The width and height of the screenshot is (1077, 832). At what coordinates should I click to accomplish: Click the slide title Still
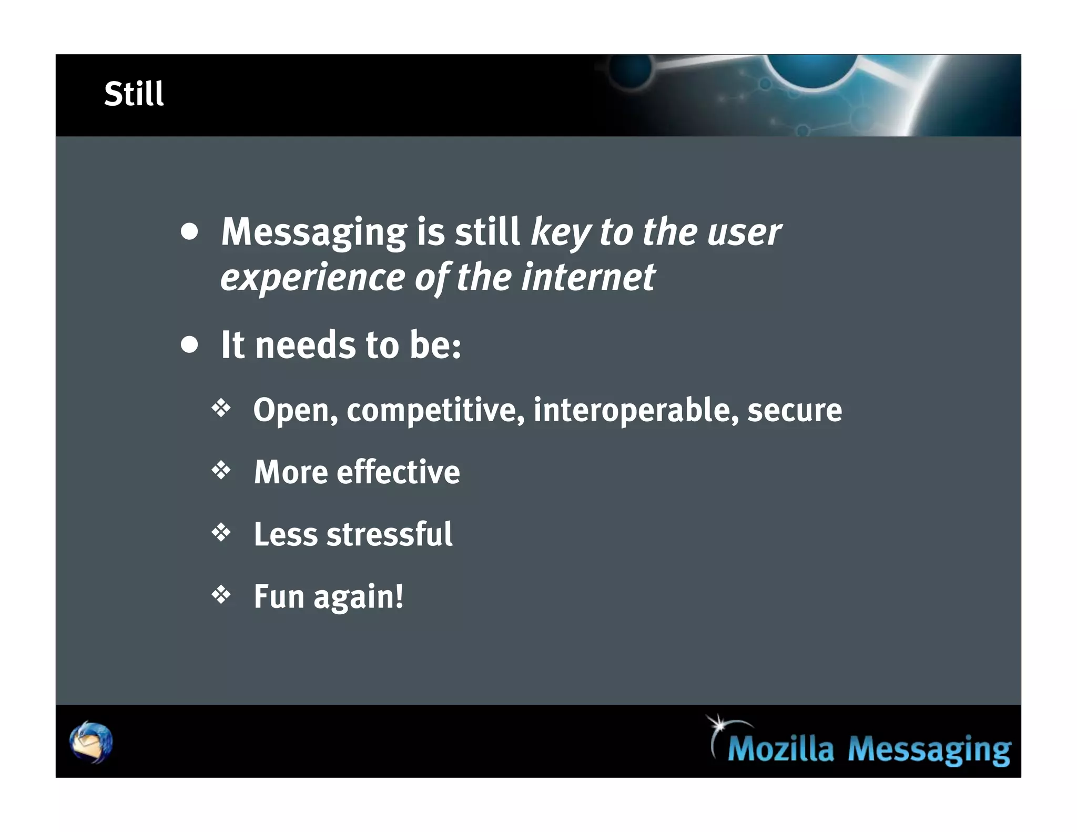tap(134, 94)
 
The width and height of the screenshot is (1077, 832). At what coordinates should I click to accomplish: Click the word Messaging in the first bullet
tap(313, 232)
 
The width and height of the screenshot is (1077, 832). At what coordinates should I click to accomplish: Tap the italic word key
tap(561, 232)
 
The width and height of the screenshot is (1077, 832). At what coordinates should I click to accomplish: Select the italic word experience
tap(312, 278)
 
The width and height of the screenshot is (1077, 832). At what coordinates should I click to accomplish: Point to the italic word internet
tap(588, 277)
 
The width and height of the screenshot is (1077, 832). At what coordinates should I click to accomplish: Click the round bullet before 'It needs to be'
tap(189, 345)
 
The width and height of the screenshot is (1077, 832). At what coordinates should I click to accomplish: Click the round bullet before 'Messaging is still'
tap(189, 232)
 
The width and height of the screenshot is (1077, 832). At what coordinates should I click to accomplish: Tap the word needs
tap(305, 346)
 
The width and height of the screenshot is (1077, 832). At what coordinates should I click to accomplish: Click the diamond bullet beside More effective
tap(221, 470)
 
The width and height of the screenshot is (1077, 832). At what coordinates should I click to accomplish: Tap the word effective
tap(398, 472)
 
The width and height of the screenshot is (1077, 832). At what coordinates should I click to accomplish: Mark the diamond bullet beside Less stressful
tap(221, 532)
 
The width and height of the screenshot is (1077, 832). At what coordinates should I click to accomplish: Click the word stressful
tap(389, 534)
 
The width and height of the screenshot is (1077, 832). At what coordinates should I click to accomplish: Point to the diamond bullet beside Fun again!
tap(221, 595)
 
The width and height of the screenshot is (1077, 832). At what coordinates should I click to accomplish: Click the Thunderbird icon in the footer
tap(91, 742)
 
